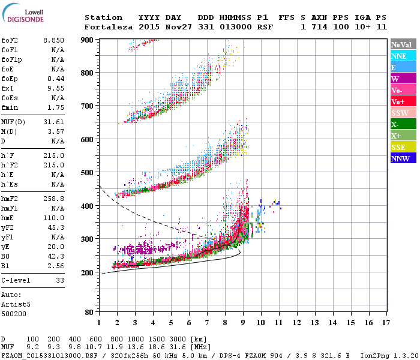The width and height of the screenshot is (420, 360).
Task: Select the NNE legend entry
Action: point(402,56)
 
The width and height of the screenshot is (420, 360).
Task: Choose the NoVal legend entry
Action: point(402,44)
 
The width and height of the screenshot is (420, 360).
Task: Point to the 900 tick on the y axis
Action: point(88,40)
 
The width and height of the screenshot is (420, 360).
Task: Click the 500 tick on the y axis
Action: point(88,173)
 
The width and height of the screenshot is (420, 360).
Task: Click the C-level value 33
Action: point(59,280)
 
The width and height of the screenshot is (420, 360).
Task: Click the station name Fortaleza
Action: point(106,27)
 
